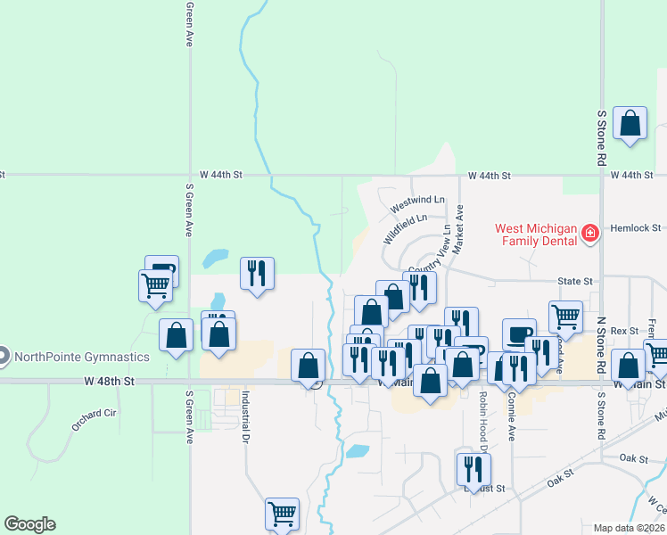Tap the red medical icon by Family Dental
click(589, 234)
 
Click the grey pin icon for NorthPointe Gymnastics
click(3, 357)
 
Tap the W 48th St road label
click(110, 381)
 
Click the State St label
click(575, 281)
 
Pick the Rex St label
click(632, 331)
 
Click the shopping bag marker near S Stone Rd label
click(630, 124)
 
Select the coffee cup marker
click(518, 333)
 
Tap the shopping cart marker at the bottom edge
click(282, 513)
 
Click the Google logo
click(29, 524)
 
